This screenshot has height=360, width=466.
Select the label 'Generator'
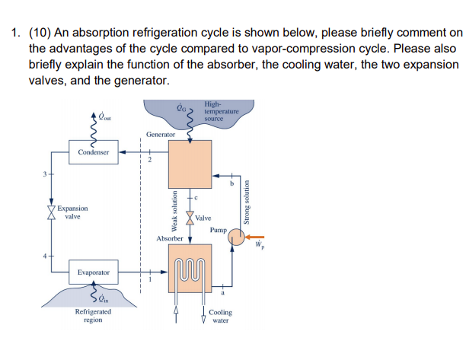click(x=161, y=134)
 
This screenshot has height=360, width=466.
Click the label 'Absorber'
click(x=169, y=238)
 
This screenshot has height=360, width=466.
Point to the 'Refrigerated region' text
click(x=92, y=316)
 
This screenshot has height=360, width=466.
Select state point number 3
click(x=45, y=176)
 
